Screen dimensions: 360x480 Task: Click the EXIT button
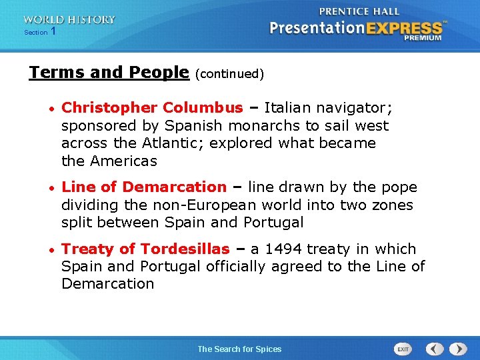[403, 349]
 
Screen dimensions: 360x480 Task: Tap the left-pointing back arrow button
[435, 349]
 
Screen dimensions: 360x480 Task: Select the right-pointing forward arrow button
[457, 349]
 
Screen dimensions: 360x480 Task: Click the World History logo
[69, 20]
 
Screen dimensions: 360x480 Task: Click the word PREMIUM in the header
[423, 38]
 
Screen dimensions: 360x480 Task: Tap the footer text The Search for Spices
[239, 349]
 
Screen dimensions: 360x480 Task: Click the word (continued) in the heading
[229, 74]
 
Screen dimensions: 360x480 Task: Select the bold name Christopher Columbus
[152, 108]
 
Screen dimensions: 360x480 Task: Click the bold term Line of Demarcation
[144, 187]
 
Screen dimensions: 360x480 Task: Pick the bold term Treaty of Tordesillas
[145, 249]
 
